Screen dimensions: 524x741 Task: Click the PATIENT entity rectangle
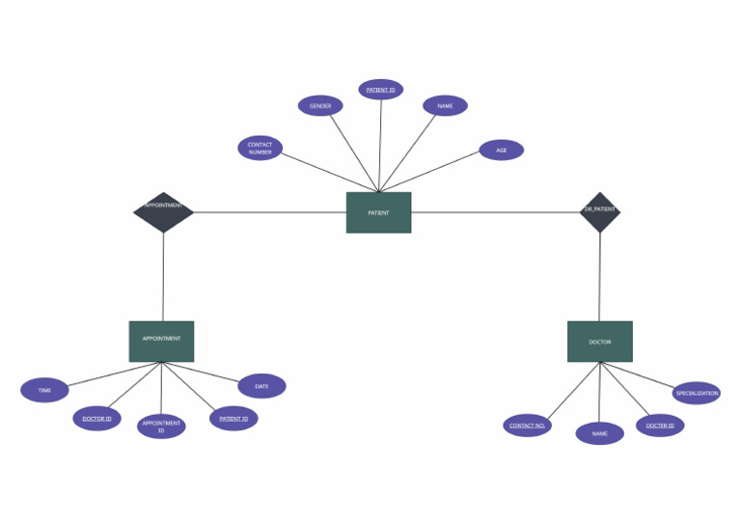378,212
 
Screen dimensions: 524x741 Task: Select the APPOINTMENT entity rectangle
161,341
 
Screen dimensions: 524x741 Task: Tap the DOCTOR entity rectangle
599,342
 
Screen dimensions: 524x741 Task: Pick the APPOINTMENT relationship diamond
163,212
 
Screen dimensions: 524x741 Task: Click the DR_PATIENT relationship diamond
599,212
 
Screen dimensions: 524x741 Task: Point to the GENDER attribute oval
320,106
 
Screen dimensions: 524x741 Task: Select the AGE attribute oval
501,151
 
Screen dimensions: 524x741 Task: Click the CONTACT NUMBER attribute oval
260,149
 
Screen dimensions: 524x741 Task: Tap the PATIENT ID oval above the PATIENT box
380,90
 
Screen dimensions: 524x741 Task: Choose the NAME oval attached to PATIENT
445,106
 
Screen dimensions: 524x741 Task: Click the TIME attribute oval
44,390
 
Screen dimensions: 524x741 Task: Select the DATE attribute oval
261,386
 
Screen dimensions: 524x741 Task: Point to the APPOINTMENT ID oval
161,427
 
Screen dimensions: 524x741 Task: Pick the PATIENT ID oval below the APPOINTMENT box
233,419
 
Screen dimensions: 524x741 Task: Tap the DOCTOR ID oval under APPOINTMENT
96,419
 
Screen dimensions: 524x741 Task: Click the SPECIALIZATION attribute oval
696,393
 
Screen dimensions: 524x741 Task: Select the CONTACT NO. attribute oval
527,426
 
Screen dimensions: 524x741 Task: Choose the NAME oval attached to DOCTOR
599,434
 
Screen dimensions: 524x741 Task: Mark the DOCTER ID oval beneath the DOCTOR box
660,426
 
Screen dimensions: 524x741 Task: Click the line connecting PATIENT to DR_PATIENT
495,212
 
